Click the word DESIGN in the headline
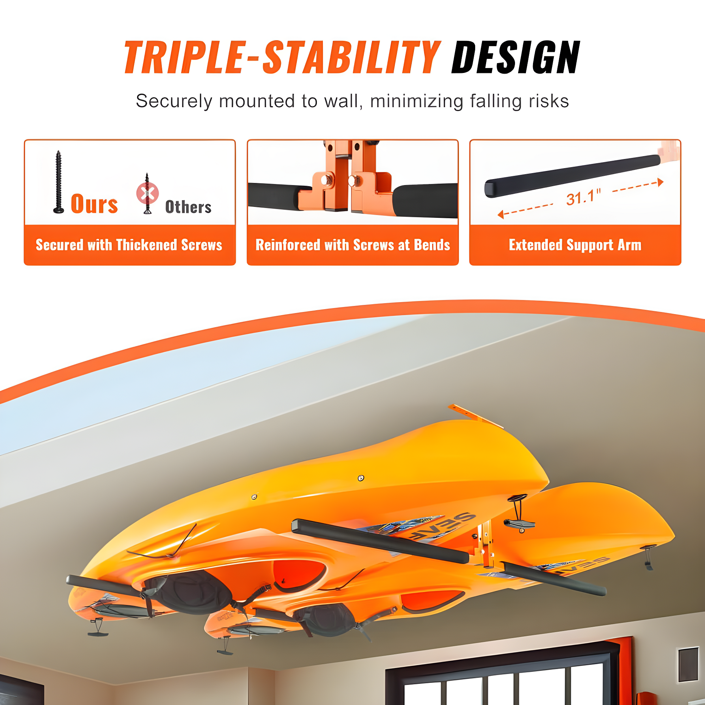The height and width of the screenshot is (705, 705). tap(515, 57)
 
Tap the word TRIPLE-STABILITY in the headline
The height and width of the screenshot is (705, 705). tap(282, 57)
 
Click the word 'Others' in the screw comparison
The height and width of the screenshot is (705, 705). tap(188, 207)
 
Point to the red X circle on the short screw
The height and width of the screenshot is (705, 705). tap(147, 194)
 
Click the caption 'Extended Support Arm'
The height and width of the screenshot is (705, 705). tap(575, 245)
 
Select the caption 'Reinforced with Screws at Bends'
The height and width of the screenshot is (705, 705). tap(352, 245)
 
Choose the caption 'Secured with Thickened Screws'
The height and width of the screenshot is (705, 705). tap(129, 245)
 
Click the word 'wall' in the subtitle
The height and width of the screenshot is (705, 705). tap(343, 101)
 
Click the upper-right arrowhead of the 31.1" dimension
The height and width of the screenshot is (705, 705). tap(661, 182)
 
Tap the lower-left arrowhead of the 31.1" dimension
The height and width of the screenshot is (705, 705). tap(501, 215)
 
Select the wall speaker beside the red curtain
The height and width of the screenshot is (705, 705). tap(688, 664)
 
